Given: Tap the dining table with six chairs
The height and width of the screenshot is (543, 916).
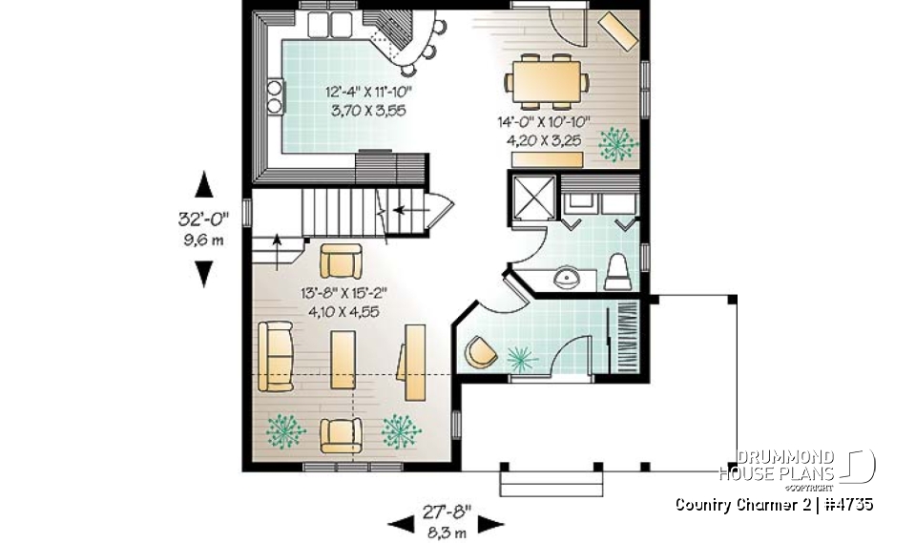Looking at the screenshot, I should pyautogui.click(x=546, y=77).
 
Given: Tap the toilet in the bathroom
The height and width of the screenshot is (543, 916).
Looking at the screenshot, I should pyautogui.click(x=617, y=272).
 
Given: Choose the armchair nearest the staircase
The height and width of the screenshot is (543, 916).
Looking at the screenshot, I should pyautogui.click(x=341, y=260).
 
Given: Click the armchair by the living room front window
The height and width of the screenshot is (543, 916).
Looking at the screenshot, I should pyautogui.click(x=341, y=435).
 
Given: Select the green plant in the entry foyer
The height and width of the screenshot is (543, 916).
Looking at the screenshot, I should pyautogui.click(x=521, y=358).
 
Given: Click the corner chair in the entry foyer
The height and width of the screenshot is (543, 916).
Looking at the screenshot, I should pyautogui.click(x=480, y=353).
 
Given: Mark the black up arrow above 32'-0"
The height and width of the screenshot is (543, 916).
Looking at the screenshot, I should pyautogui.click(x=202, y=183).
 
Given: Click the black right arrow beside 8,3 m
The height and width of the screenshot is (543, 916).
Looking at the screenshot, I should pyautogui.click(x=490, y=522).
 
